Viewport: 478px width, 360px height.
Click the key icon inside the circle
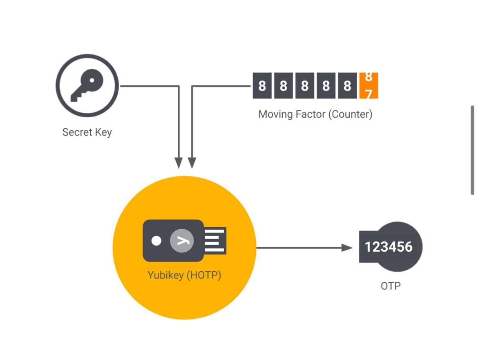[87, 85]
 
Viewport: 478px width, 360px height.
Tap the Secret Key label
[87, 132]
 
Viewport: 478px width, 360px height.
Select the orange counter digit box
[369, 86]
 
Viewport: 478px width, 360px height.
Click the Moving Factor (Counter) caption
[315, 114]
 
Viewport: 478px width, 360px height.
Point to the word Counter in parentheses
[350, 114]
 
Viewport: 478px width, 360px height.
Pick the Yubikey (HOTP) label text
[184, 275]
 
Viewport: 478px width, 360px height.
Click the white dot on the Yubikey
[156, 241]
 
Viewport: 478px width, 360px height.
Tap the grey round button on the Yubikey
[182, 241]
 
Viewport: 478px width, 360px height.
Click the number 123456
[389, 247]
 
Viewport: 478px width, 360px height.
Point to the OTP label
[390, 286]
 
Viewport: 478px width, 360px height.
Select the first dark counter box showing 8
[262, 86]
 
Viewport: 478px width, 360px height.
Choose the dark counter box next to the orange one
[347, 86]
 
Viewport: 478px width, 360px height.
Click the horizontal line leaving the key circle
[149, 86]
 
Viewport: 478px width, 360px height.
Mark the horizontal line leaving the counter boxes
[221, 86]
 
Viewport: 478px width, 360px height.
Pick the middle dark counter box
[305, 86]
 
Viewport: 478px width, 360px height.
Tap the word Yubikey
[165, 275]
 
